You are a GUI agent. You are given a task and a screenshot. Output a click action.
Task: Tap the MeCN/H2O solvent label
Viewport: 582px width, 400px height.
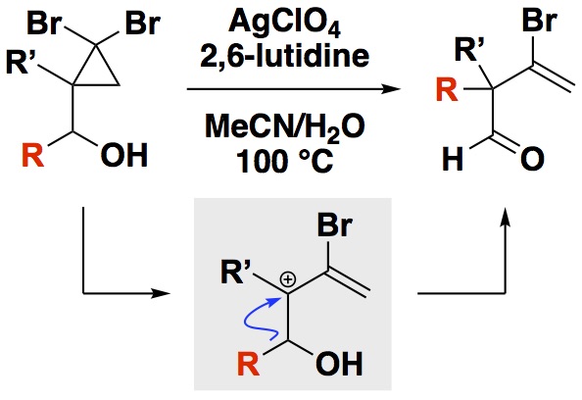pos(285,128)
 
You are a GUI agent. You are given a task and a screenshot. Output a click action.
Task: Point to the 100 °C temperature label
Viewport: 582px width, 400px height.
pos(285,161)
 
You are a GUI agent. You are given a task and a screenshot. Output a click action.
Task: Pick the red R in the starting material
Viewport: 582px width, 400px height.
pos(32,155)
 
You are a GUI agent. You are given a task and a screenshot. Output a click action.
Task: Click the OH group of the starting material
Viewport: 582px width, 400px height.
pos(124,155)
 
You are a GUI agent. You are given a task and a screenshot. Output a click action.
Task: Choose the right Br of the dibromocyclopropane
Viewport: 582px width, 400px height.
pos(143,24)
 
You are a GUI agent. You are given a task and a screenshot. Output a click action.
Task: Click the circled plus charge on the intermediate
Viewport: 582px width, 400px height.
pos(288,280)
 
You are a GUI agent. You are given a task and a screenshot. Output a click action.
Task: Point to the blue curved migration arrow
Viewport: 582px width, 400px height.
pos(257,319)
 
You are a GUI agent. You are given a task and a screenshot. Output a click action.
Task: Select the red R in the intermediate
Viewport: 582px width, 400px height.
pos(248,363)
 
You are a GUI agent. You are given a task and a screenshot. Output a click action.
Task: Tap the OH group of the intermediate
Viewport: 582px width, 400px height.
pos(339,363)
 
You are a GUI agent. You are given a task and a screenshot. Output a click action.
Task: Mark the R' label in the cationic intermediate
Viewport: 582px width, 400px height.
pos(236,273)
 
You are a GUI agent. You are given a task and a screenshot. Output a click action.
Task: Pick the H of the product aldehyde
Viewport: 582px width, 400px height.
pos(454,159)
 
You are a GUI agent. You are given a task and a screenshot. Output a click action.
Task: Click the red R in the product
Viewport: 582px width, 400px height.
pos(447,90)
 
